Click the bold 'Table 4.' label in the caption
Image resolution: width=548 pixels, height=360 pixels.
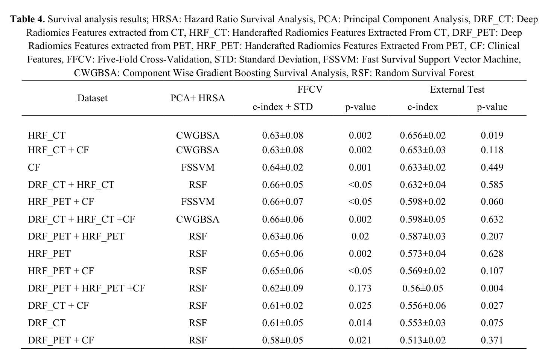point(27,19)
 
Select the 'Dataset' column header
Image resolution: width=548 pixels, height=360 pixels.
point(93,98)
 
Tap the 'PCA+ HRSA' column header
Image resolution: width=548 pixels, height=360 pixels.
point(198,98)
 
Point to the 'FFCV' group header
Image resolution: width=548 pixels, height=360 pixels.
point(310,90)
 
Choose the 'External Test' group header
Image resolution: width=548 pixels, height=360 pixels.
point(457,90)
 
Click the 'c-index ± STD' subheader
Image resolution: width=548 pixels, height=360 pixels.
point(283,107)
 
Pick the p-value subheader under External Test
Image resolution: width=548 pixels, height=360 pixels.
point(492,107)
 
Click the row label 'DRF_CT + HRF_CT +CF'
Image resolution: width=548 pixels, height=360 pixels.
point(81,219)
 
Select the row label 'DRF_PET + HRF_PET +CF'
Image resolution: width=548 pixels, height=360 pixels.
point(86,288)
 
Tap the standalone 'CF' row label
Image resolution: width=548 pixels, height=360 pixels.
point(34,168)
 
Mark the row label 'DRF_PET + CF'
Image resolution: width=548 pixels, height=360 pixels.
point(61,340)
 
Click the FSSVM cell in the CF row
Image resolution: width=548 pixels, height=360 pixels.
point(198,168)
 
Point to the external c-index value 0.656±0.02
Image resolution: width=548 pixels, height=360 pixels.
point(423,135)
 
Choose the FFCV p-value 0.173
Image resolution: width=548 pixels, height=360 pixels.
point(360,288)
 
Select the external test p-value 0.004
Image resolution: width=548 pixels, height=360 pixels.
point(492,288)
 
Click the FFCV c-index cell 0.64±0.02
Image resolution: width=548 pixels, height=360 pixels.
point(283,168)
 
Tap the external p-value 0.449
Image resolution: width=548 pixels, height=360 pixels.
point(492,168)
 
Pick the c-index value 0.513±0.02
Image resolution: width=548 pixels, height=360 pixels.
point(423,340)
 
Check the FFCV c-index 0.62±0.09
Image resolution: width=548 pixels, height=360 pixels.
point(283,288)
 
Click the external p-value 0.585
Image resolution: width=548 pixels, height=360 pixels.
point(492,185)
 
